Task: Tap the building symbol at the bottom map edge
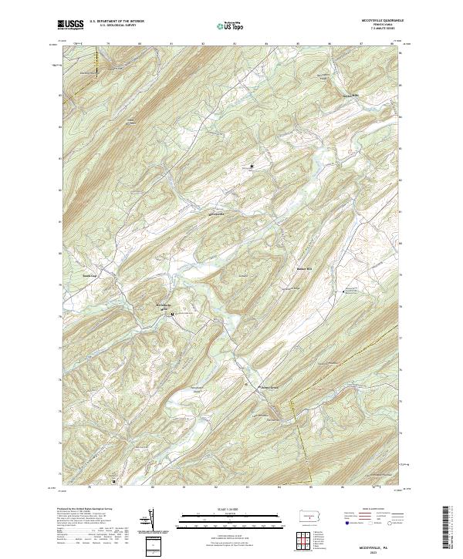click(114, 483)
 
